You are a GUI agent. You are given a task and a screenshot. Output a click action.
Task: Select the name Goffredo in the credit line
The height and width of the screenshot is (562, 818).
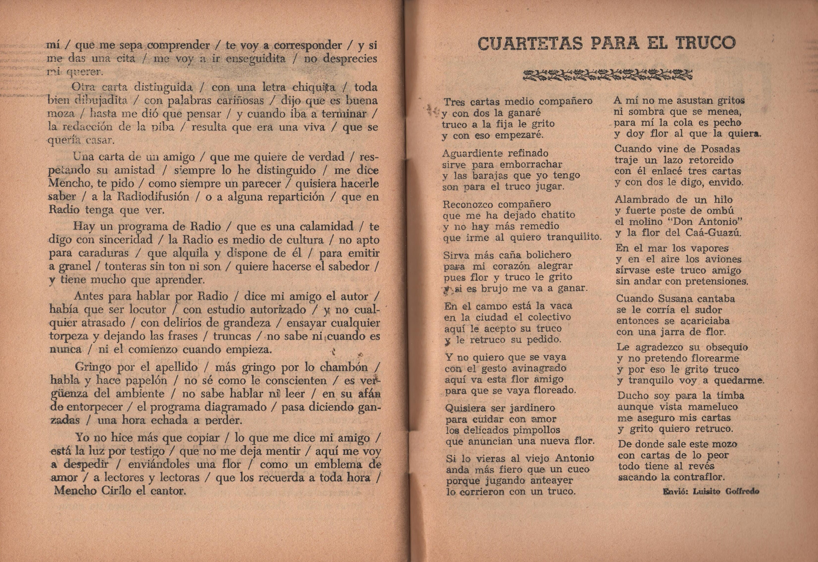(742, 491)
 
